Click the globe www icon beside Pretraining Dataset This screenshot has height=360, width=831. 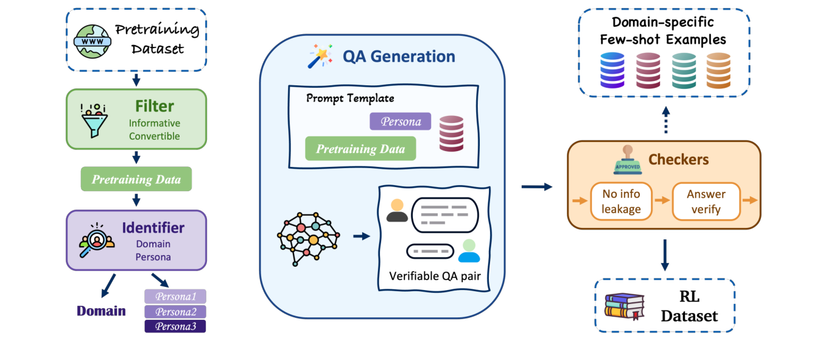(93, 40)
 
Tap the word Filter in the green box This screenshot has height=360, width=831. (155, 106)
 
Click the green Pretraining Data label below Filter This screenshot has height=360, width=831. (136, 179)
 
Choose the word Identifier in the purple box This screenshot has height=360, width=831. (153, 228)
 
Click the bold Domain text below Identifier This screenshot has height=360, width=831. (101, 311)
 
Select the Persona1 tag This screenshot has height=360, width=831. (175, 297)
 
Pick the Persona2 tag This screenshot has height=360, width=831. (175, 312)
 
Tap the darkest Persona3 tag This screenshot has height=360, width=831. (175, 326)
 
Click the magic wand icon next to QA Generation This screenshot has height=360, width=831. (320, 56)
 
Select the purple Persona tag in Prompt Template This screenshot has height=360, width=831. (400, 122)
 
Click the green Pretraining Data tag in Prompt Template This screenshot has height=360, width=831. (360, 149)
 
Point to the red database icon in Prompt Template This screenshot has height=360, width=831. (451, 133)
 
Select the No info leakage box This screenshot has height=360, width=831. (621, 202)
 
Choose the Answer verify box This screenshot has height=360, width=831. (706, 202)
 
